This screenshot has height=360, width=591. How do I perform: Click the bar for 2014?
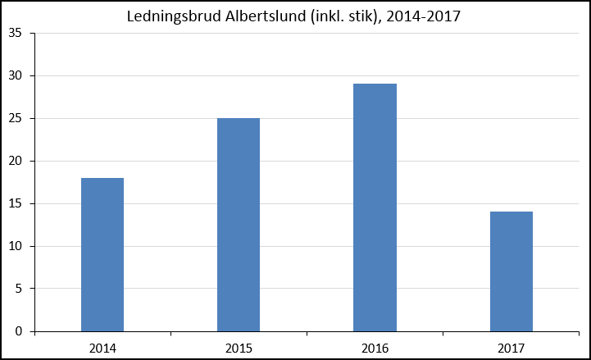tap(102, 255)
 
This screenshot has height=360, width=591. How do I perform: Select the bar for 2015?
tap(239, 225)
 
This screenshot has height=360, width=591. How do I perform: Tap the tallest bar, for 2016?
tap(375, 207)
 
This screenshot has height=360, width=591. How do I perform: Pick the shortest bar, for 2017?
tap(511, 271)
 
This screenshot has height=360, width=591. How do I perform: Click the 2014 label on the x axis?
tap(102, 348)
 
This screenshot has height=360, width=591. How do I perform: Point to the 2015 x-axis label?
tap(239, 348)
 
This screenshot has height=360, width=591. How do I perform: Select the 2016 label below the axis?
tap(375, 348)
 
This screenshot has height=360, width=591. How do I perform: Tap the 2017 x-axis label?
tap(511, 348)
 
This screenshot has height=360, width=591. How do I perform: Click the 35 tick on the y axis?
tap(15, 33)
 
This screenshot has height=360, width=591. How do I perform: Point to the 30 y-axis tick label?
tap(15, 75)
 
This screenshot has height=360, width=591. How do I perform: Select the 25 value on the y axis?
tap(15, 118)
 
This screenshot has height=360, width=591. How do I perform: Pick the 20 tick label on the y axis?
tap(15, 161)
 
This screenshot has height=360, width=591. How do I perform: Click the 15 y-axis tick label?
tap(15, 203)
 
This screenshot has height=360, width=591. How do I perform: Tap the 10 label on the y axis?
tap(15, 246)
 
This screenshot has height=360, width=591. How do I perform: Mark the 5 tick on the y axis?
tap(19, 289)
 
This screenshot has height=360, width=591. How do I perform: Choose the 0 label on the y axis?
tap(19, 331)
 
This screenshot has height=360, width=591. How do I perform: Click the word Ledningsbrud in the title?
tap(174, 17)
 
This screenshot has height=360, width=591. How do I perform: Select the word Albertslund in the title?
tap(266, 16)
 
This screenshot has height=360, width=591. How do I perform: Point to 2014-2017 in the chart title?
tap(423, 16)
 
